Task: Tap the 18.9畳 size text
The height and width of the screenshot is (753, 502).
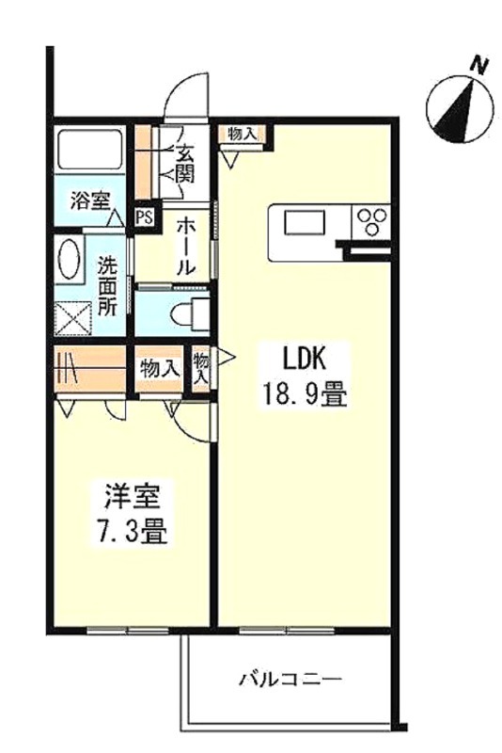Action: [x=304, y=395]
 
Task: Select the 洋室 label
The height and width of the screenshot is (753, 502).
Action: [x=133, y=497]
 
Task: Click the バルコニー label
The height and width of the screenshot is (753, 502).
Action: [x=290, y=679]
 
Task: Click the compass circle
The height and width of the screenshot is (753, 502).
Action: [x=460, y=110]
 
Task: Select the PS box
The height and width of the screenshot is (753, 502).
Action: [x=144, y=217]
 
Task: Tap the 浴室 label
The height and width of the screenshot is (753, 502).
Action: [x=90, y=200]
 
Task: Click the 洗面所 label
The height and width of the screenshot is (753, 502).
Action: [x=107, y=287]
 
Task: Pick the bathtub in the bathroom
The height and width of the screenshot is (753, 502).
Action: [x=89, y=150]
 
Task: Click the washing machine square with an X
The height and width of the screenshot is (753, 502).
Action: [x=73, y=318]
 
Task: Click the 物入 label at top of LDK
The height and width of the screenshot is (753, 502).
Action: [x=243, y=134]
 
